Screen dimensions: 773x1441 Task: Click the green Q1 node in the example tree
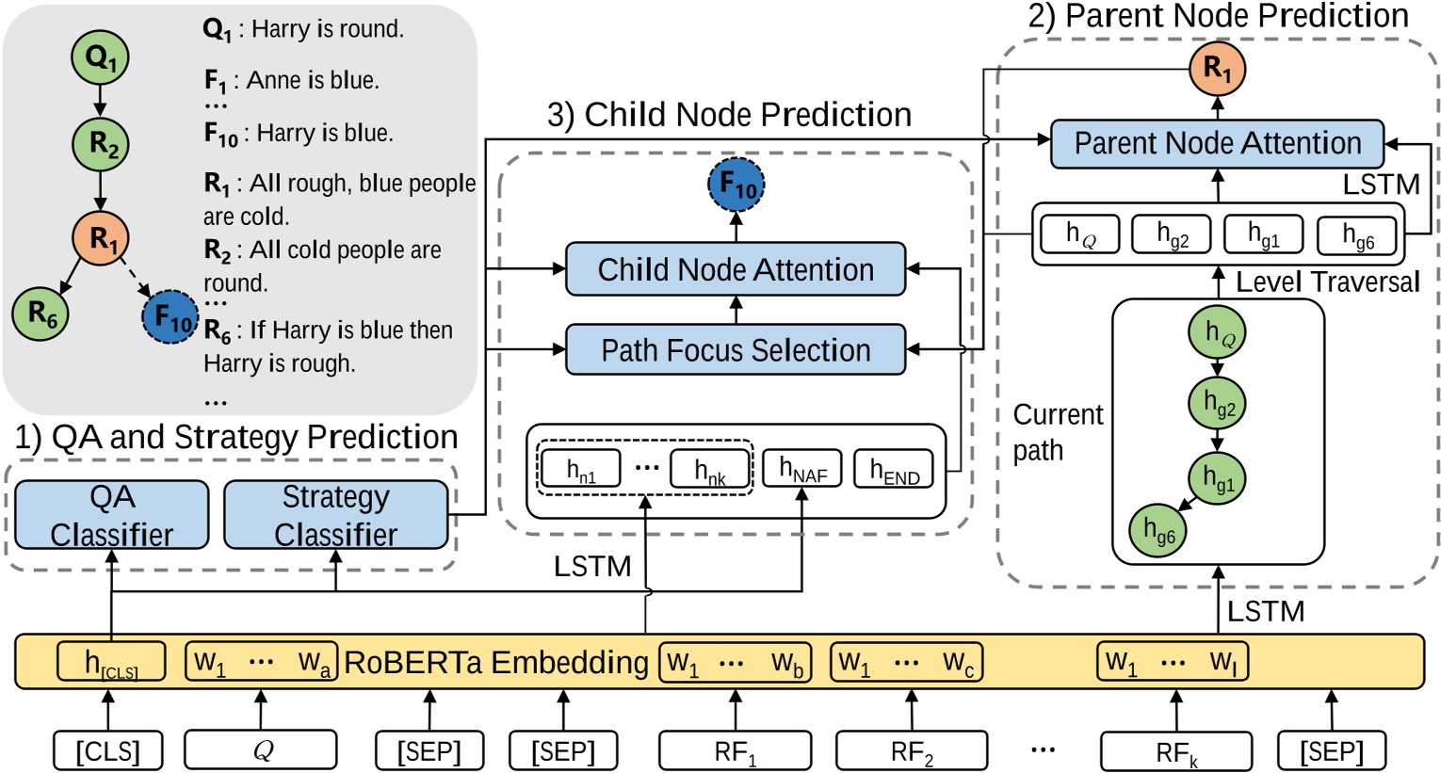tap(100, 58)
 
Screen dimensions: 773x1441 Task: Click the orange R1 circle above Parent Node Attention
tap(1218, 68)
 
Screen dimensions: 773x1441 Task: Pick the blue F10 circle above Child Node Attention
tap(736, 185)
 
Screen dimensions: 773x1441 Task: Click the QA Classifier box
tap(111, 515)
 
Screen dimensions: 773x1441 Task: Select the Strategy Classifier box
tap(335, 515)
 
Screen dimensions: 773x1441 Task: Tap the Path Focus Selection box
tap(735, 350)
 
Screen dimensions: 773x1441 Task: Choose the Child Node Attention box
tap(735, 269)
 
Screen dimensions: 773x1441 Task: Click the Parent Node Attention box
tap(1217, 143)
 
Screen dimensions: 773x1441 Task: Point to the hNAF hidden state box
tap(801, 469)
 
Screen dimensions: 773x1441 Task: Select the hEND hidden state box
tap(894, 469)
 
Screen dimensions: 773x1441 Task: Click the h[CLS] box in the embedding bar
tap(111, 662)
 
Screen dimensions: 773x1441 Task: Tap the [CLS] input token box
tap(107, 751)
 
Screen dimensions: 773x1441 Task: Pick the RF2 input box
tap(912, 751)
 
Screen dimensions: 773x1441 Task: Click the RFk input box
tap(1176, 751)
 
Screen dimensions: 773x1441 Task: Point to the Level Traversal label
tap(1327, 282)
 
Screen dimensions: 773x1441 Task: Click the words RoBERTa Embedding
tap(496, 662)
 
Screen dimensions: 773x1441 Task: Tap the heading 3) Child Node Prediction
tap(729, 115)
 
